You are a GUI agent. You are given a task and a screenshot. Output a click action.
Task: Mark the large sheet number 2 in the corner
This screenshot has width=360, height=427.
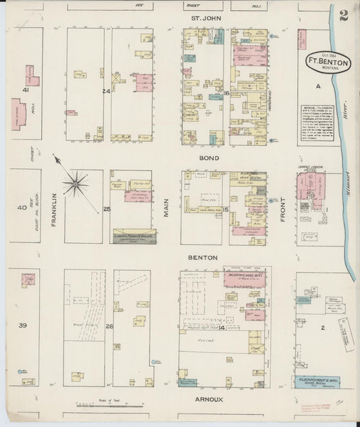pyautogui.click(x=344, y=16)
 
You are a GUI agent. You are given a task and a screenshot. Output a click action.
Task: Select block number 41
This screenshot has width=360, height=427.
pyautogui.click(x=26, y=89)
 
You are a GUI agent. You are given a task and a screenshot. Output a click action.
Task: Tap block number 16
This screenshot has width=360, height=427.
pyautogui.click(x=227, y=93)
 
